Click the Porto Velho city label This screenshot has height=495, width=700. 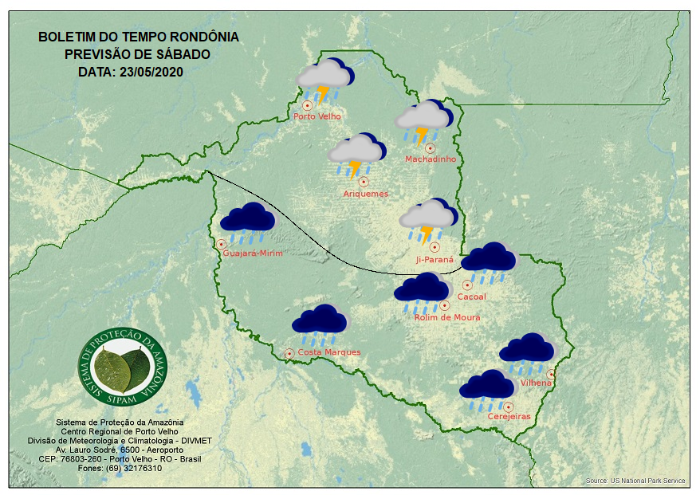317,116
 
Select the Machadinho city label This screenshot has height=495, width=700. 431,159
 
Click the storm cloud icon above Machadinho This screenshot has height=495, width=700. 424,122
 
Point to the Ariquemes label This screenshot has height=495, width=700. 365,194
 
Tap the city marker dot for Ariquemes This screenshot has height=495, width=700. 364,182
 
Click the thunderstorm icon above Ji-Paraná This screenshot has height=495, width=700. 428,220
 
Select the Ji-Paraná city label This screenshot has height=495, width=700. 435,260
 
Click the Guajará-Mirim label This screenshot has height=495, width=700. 254,253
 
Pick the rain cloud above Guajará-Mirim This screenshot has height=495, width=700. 248,222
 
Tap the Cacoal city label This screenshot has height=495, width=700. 472,297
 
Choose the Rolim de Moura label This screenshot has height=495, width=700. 447,317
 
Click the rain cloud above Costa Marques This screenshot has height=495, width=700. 320,322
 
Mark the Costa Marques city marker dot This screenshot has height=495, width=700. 289,352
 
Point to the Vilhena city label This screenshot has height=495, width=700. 536,383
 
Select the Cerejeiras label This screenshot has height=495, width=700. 509,416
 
